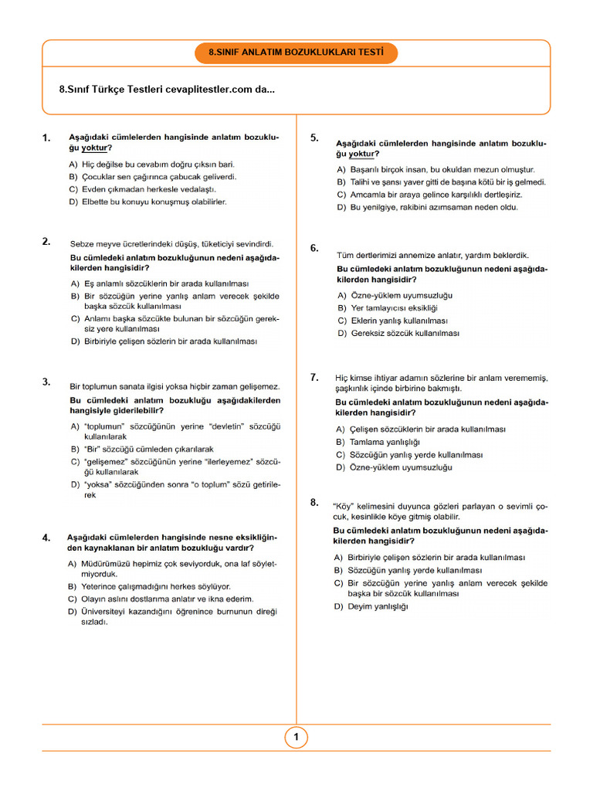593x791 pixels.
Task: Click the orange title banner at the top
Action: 296,53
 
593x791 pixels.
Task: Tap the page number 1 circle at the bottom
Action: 296,738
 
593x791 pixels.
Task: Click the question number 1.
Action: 46,138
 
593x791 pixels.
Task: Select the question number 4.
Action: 46,537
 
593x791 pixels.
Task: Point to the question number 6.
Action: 314,248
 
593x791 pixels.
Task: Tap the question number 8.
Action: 314,503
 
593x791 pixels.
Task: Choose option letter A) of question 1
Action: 73,165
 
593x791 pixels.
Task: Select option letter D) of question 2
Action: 75,341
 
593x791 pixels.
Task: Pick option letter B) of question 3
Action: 75,449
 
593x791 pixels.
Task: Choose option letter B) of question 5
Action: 341,182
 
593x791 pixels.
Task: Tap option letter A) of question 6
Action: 341,295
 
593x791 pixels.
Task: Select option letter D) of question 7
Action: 340,467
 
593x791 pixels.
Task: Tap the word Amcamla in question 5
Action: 369,195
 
